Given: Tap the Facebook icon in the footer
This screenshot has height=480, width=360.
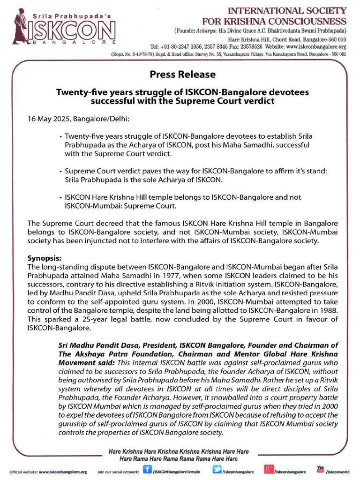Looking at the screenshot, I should coord(147,470).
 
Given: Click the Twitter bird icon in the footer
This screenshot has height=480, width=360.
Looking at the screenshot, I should coord(217,470).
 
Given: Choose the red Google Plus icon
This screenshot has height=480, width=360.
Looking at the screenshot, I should coord(269,470).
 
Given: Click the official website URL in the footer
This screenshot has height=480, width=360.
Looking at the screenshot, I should coord(63,472).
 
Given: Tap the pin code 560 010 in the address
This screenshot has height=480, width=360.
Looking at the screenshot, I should coord(335,39).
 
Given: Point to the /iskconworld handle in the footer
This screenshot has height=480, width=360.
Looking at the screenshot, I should coord(337,472).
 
